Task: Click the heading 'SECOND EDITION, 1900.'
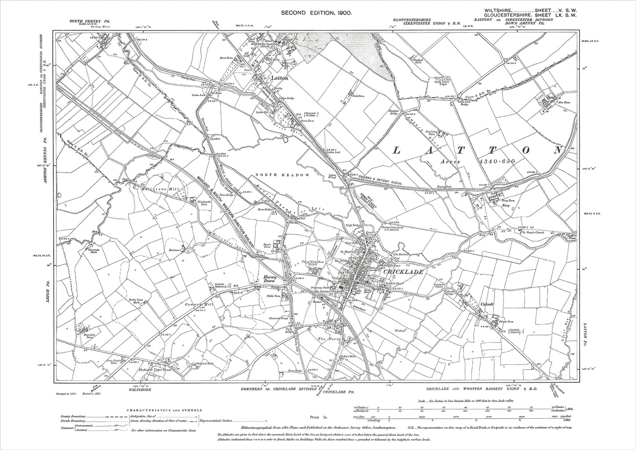tap(317, 14)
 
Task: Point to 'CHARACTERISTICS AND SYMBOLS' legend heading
tap(164, 409)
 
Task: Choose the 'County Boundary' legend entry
tap(72, 416)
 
